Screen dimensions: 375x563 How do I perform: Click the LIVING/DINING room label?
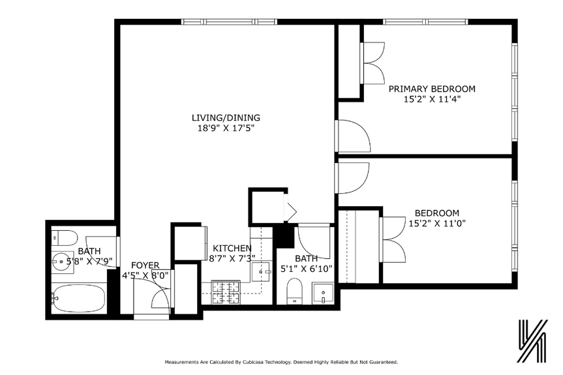coord(226,118)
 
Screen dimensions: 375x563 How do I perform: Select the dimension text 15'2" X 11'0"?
coord(436,224)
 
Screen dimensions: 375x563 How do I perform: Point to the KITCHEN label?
coord(232,248)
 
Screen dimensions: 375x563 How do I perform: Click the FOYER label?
coord(145,265)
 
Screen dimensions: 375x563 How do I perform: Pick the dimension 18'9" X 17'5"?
coord(226,128)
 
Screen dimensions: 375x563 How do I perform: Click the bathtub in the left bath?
coord(79,299)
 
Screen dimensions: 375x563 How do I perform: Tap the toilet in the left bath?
coord(65,237)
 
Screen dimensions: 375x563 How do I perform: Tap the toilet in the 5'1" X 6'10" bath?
coord(294,291)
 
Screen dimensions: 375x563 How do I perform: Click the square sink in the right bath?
coord(322,293)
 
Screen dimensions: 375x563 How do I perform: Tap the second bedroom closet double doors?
coord(393,232)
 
